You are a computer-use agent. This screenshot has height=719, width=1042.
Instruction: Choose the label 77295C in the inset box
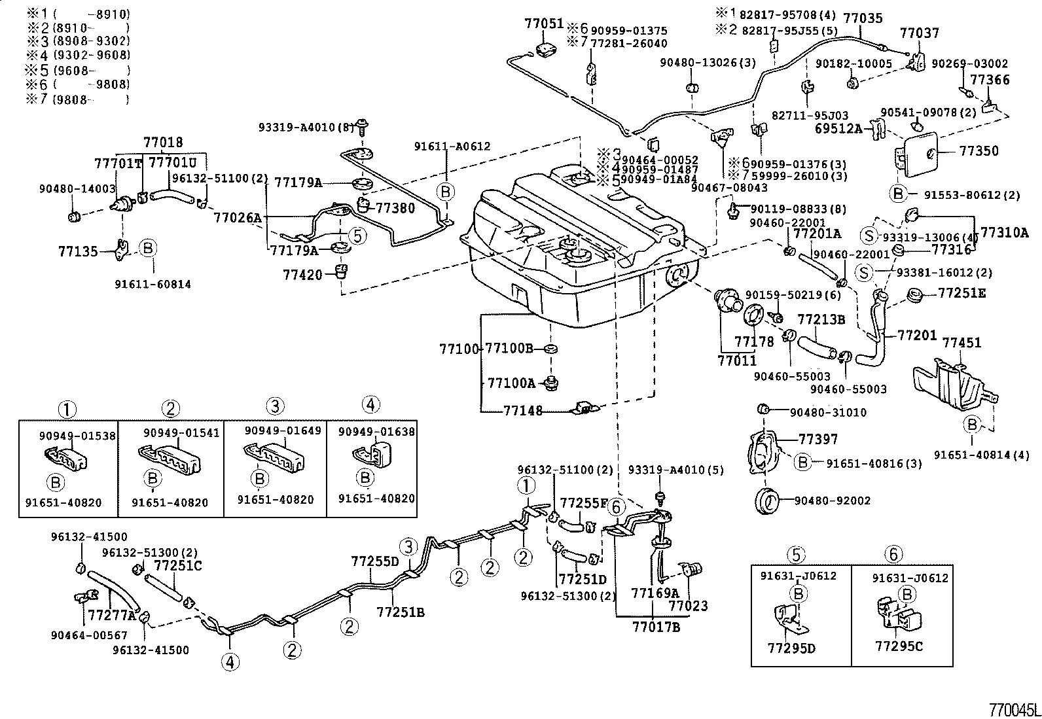click(x=899, y=646)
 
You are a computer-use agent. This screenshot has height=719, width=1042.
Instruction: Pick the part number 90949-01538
click(x=67, y=435)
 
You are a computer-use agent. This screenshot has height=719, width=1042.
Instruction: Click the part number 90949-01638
click(x=376, y=431)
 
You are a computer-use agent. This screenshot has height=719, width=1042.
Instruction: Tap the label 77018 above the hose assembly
click(x=164, y=142)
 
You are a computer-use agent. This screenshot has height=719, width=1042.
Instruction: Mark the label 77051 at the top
click(x=543, y=24)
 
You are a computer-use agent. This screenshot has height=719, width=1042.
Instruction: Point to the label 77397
click(x=818, y=439)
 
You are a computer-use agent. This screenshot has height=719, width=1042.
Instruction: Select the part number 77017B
click(x=656, y=627)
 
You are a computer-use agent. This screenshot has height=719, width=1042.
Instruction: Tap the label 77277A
click(x=111, y=615)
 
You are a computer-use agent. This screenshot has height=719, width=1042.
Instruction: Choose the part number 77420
click(x=303, y=275)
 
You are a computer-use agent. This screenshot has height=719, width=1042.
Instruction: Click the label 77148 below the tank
click(x=523, y=411)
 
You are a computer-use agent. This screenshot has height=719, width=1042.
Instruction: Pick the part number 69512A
click(x=838, y=129)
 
